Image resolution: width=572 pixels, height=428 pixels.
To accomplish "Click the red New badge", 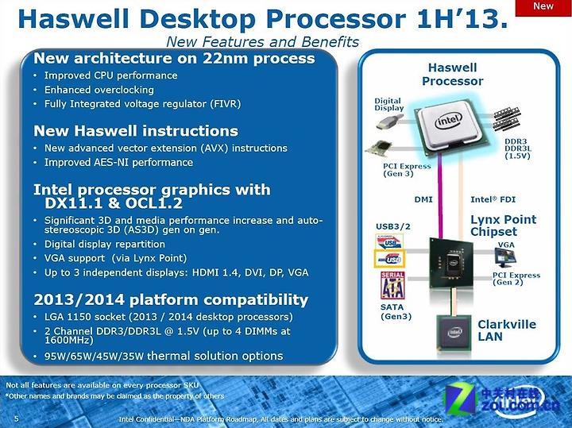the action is (x=543, y=7).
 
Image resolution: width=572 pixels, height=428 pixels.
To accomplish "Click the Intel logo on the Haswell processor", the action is (x=448, y=121).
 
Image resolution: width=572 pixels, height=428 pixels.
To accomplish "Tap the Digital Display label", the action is (x=388, y=104).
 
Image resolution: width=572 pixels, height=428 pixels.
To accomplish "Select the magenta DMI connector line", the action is (x=441, y=196).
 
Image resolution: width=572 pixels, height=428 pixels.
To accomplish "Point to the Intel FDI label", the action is (x=493, y=199).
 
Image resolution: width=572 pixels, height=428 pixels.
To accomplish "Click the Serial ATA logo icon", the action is (x=392, y=285).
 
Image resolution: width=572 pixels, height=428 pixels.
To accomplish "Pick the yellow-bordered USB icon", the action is (x=389, y=259).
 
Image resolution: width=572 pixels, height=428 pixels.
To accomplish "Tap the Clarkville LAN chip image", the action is (x=454, y=333).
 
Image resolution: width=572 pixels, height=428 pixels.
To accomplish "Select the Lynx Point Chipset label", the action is (x=503, y=226).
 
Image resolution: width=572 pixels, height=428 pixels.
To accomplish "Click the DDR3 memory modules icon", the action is (x=506, y=119).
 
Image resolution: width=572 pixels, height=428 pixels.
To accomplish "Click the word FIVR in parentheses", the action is (x=226, y=104).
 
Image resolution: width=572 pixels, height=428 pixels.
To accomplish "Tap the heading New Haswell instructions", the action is (x=136, y=131).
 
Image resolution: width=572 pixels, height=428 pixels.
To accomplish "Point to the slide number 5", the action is (x=16, y=418).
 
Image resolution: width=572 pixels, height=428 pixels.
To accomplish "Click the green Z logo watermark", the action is (x=460, y=399).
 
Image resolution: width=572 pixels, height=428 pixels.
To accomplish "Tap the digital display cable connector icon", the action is (x=389, y=121).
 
